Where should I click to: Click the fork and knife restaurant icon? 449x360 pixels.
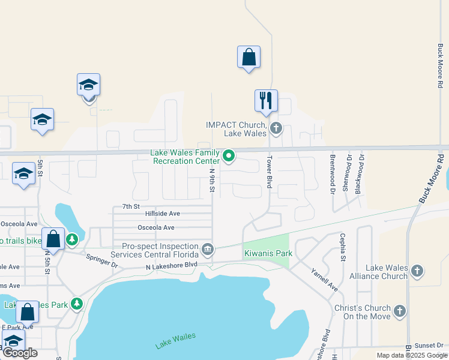pyautogui.click(x=266, y=100)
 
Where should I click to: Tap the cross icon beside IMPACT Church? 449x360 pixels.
pyautogui.click(x=276, y=127)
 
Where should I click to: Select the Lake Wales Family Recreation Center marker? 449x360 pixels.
pyautogui.click(x=229, y=156)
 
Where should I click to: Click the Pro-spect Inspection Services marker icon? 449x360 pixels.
pyautogui.click(x=207, y=248)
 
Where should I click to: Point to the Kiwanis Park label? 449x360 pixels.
pyautogui.click(x=268, y=253)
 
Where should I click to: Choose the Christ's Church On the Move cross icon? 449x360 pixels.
pyautogui.click(x=400, y=311)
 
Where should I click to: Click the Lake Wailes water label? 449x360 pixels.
pyautogui.click(x=175, y=341)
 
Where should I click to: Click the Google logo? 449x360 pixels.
pyautogui.click(x=20, y=353)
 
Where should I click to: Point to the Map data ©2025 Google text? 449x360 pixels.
pyautogui.click(x=412, y=355)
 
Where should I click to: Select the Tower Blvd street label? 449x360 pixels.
pyautogui.click(x=270, y=173)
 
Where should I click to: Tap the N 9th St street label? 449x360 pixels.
pyautogui.click(x=212, y=179)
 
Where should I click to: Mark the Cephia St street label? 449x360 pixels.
pyautogui.click(x=343, y=247)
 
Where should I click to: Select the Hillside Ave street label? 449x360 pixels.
pyautogui.click(x=162, y=214)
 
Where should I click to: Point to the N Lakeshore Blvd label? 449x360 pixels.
pyautogui.click(x=171, y=264)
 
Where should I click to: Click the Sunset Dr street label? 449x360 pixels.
pyautogui.click(x=430, y=345)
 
